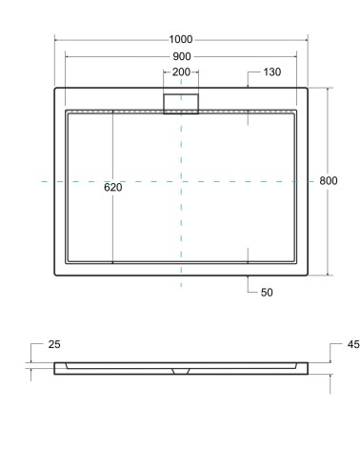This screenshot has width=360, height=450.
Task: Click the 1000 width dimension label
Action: coord(181,39)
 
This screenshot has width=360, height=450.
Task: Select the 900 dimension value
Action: coord(181,55)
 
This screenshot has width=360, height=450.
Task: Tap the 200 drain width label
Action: coord(181,72)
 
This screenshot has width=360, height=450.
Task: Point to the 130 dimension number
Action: coord(272,72)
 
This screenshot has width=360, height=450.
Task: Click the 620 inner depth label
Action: coord(113,187)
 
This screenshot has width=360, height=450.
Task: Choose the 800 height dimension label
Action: coord(330,181)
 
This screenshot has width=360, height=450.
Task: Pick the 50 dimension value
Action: coord(267,293)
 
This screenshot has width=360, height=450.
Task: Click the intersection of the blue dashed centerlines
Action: coord(181,181)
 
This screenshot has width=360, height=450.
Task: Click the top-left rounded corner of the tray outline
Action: coord(56,91)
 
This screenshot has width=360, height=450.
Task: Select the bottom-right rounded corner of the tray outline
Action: coord(306,274)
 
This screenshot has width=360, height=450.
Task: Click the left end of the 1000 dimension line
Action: coord(54,39)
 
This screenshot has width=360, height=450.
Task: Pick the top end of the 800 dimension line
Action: coord(330,88)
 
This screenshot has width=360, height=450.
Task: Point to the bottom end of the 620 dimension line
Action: coord(113,262)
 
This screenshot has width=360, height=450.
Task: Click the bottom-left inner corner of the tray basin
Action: coord(66,262)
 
